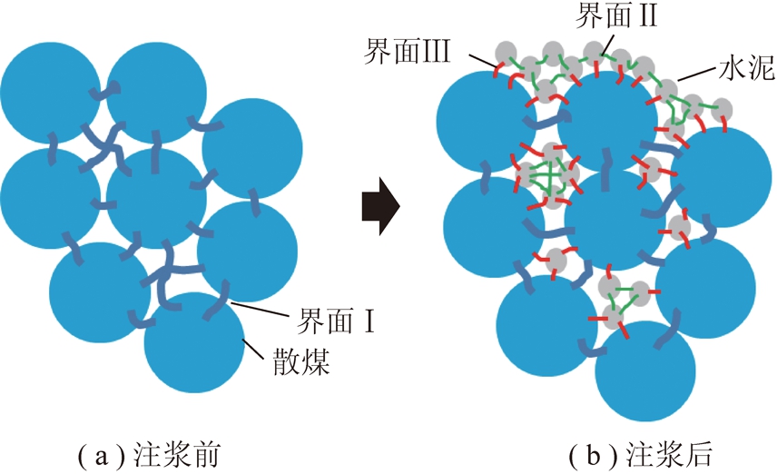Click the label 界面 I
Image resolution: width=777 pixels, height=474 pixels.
pos(335,321)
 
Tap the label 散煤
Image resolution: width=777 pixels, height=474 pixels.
pos(300,362)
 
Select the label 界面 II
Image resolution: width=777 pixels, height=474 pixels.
pos(616,15)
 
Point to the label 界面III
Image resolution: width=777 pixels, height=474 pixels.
pos(407,51)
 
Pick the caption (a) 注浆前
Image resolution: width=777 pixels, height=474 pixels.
pos(149,455)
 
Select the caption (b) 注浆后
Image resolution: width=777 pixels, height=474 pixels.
pos(640,455)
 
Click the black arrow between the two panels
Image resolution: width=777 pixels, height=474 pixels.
pos(380,205)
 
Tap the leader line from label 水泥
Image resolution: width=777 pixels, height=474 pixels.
pos(697,74)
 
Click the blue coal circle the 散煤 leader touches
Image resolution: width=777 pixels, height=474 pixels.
pos(194,342)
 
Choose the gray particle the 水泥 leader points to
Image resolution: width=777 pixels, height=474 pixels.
pos(666,89)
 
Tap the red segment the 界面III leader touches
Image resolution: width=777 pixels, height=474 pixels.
pos(499,69)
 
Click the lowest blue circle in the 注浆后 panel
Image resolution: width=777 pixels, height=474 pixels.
pos(645,370)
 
